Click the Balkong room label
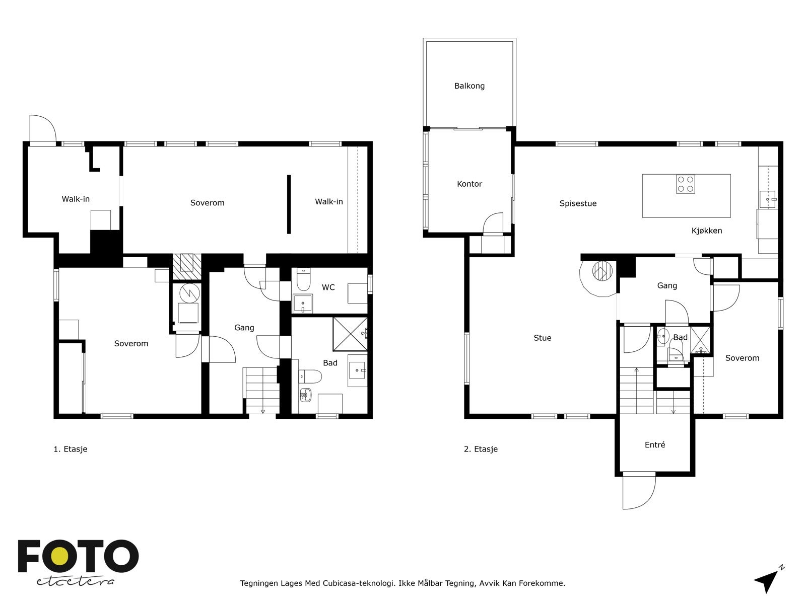point(469,86)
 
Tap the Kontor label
point(469,184)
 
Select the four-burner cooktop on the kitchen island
point(685,184)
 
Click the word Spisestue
point(578,203)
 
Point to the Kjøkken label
point(706,231)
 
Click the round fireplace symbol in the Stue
point(602,271)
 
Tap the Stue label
point(543,338)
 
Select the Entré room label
point(655,445)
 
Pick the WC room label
point(328,287)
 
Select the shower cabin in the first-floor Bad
point(350,334)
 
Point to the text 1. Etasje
point(71,449)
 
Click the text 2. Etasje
point(481,449)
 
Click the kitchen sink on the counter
point(767,199)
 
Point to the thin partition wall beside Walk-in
point(289,204)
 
